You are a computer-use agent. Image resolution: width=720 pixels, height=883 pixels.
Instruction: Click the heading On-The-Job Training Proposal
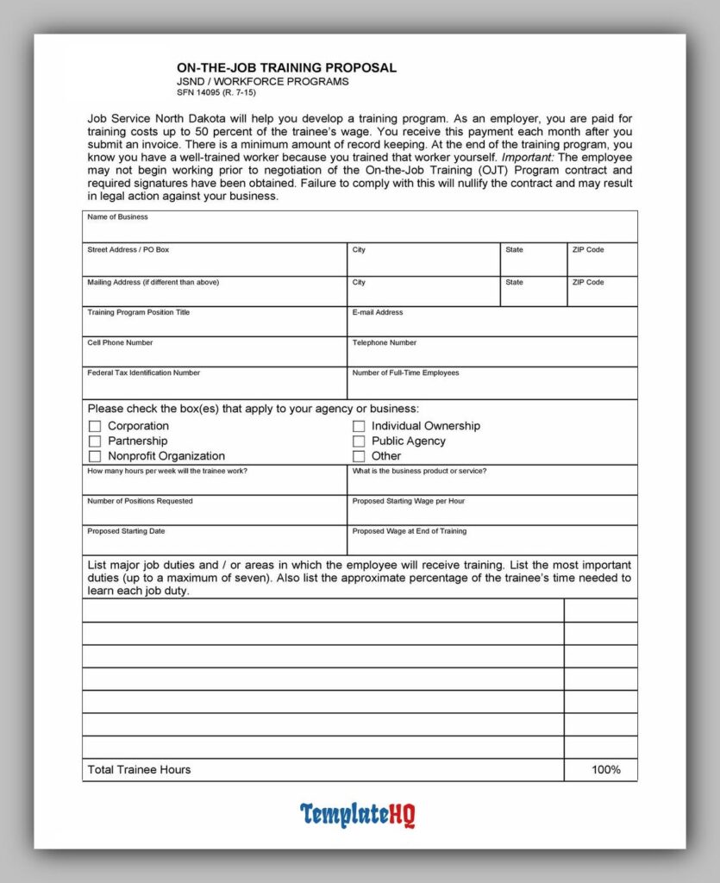point(286,68)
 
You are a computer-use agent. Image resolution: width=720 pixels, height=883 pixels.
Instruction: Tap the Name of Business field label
point(117,217)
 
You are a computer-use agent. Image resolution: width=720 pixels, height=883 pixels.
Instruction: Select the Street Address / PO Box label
point(128,250)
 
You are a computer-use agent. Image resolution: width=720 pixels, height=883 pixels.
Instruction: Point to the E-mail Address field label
point(377,313)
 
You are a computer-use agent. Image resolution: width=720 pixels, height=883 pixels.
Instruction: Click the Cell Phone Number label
point(120,343)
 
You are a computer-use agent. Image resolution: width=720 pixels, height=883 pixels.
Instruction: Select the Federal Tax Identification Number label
point(143,373)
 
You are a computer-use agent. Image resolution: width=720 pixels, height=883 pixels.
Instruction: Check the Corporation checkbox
point(95,426)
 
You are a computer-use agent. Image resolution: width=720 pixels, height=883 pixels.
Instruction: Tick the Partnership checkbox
point(95,441)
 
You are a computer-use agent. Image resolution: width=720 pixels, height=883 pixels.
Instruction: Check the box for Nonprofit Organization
point(95,456)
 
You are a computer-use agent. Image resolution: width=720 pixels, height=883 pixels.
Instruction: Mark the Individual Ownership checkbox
point(359,426)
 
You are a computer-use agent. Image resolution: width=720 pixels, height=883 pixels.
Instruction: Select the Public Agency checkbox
point(359,441)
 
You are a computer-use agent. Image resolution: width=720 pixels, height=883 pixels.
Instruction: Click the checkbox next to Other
point(359,456)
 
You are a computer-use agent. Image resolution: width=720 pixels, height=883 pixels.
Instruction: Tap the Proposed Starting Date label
point(126,531)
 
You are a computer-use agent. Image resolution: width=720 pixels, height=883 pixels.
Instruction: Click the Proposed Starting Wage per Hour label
point(409,501)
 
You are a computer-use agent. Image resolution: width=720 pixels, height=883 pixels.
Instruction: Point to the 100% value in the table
point(605,770)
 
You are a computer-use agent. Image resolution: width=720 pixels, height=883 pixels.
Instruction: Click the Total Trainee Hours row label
point(139,770)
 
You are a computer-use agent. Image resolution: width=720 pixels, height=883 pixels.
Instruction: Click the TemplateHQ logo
point(358,815)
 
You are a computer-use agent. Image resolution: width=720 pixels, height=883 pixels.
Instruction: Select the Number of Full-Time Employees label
point(405,373)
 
